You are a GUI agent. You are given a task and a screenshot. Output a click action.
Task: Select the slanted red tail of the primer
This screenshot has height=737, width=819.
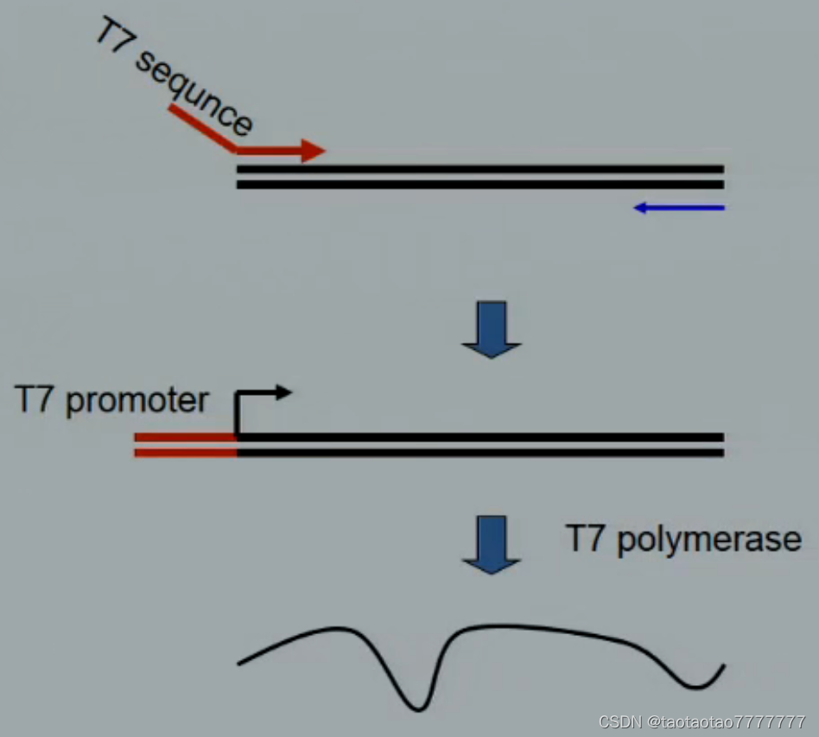[202, 128]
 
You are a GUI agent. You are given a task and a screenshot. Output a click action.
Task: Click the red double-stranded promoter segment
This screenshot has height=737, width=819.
[185, 444]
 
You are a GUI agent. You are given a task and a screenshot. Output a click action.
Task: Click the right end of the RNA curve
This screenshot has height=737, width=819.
[721, 667]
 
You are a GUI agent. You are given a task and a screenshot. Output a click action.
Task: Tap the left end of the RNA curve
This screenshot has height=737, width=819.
[240, 663]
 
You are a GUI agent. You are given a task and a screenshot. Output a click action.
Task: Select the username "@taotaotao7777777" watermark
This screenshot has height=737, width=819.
[727, 721]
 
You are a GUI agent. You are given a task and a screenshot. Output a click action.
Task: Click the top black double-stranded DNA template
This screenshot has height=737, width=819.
[479, 176]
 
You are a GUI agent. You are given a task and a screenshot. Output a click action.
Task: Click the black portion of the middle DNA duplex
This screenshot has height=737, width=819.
[479, 444]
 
